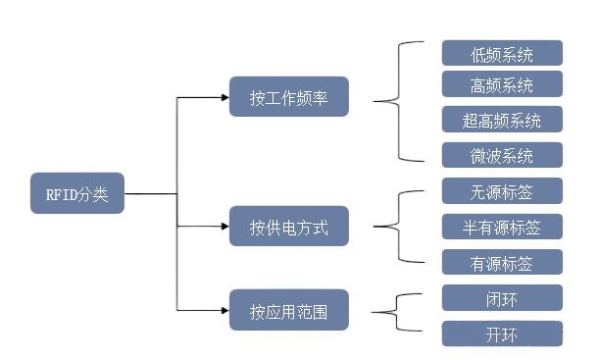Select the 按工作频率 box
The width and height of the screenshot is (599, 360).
[x=288, y=97]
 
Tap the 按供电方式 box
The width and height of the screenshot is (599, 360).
[x=288, y=227]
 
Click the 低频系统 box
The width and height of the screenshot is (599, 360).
[x=502, y=53]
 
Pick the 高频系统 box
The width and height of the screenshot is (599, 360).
[x=502, y=83]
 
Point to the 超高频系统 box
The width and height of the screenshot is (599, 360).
[x=502, y=120]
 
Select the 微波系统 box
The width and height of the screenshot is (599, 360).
[x=502, y=155]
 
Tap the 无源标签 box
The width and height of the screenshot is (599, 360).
[x=502, y=190]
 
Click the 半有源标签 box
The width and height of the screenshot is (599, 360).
[x=502, y=227]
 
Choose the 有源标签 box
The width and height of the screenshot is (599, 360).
[x=502, y=262]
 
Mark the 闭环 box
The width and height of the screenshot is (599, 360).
[x=502, y=297]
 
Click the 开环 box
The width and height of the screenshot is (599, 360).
[x=502, y=334]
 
